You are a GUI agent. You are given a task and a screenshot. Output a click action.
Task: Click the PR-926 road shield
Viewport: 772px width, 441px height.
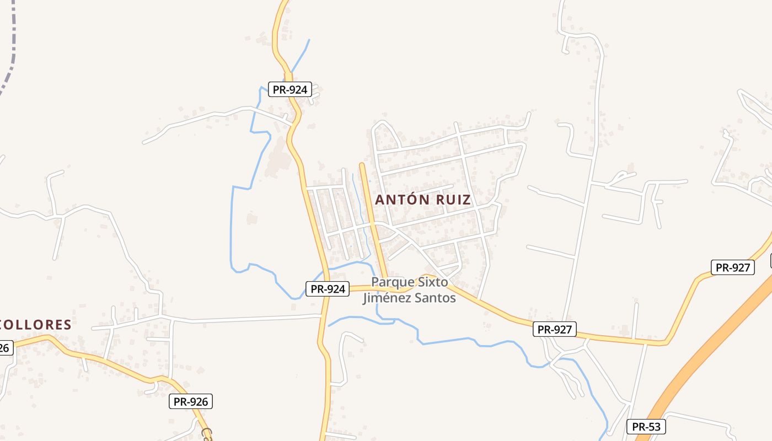point(190,401)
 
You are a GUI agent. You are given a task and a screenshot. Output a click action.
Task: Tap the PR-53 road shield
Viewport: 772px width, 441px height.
point(646,427)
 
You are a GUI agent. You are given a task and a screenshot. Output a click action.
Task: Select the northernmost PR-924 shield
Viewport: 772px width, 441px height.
point(290,89)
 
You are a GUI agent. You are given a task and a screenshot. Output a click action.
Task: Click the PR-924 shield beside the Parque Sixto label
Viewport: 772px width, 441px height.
point(328,288)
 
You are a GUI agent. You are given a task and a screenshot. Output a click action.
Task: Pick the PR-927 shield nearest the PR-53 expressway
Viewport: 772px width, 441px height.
point(732,267)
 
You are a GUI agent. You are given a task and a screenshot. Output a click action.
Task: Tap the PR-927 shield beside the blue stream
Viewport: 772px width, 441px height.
point(555,330)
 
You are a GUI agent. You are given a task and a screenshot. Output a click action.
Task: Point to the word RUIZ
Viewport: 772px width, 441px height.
point(453,200)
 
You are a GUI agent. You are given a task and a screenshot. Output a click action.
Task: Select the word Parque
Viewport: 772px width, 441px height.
point(390,282)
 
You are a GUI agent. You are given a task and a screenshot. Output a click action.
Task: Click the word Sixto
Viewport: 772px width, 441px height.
point(432,282)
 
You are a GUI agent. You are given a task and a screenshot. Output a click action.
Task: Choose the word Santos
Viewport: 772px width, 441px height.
point(436,298)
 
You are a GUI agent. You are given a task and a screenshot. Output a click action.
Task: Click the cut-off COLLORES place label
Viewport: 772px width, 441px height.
point(36,325)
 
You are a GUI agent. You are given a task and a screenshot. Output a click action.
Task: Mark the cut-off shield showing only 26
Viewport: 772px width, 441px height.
point(4,348)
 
